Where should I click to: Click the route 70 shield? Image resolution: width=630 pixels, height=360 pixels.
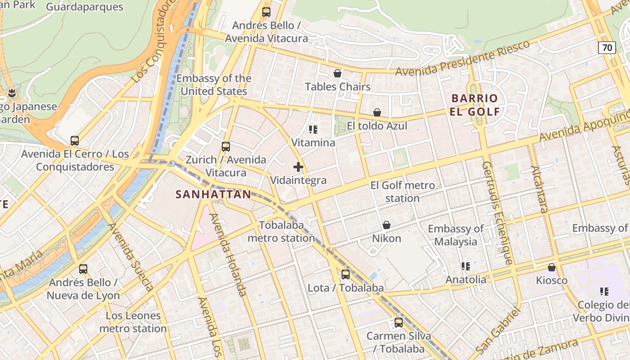click(x=607, y=47)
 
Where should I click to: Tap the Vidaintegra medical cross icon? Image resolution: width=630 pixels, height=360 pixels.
click(x=298, y=167)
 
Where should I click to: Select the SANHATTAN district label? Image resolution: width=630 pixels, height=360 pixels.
click(x=213, y=194)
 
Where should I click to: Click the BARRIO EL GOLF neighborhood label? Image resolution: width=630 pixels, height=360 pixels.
click(x=475, y=105)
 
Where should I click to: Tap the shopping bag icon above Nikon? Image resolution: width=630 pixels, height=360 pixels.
click(x=386, y=225)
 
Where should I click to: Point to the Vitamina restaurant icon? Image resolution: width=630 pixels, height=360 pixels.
click(x=313, y=130)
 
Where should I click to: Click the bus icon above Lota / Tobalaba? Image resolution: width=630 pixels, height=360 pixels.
click(x=345, y=274)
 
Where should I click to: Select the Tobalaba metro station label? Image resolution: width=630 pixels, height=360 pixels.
click(x=281, y=231)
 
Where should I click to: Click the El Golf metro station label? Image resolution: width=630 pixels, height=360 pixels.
click(x=402, y=191)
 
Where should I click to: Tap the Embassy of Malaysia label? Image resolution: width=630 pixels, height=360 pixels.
click(x=456, y=235)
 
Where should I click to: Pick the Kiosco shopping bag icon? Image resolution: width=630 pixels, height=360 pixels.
click(x=552, y=268)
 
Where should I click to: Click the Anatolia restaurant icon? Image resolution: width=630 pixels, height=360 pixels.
click(x=466, y=266)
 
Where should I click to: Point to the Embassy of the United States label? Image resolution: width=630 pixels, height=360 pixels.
click(x=214, y=85)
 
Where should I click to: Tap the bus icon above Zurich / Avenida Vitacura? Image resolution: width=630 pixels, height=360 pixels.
click(x=226, y=146)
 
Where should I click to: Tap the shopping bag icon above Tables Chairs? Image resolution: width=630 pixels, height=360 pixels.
click(x=337, y=73)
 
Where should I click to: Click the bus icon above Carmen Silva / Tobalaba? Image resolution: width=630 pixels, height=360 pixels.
click(x=399, y=322)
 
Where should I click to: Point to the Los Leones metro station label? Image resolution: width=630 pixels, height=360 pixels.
click(x=133, y=322)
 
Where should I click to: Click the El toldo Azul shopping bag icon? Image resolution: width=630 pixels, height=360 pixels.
click(x=377, y=112)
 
